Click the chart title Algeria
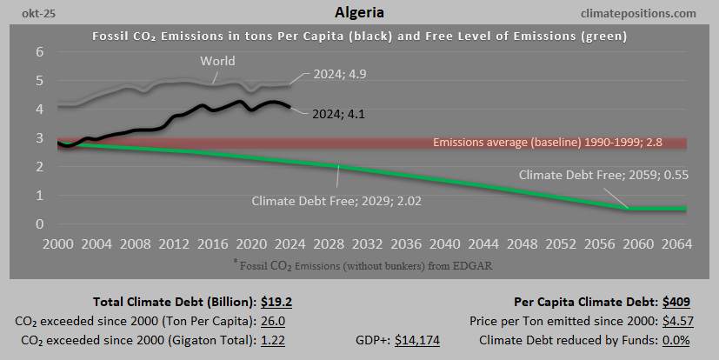pyautogui.click(x=359, y=13)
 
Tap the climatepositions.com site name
pyautogui.click(x=641, y=13)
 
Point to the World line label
pyautogui.click(x=217, y=61)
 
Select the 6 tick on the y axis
pyautogui.click(x=39, y=52)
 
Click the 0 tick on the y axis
pyautogui.click(x=39, y=224)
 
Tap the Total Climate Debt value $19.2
pyautogui.click(x=278, y=303)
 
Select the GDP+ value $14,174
pyautogui.click(x=417, y=339)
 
